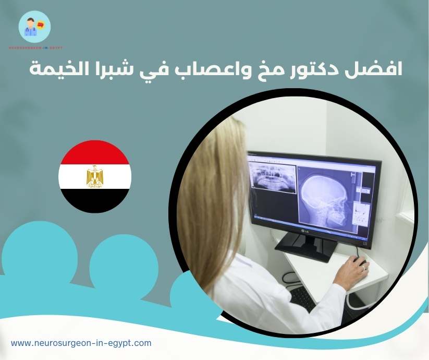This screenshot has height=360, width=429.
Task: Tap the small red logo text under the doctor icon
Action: (35, 48)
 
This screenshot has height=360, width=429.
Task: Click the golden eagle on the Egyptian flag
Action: (95, 176)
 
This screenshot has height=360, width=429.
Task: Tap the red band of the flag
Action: (95, 152)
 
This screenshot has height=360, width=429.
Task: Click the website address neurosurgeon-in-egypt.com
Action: (81, 343)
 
